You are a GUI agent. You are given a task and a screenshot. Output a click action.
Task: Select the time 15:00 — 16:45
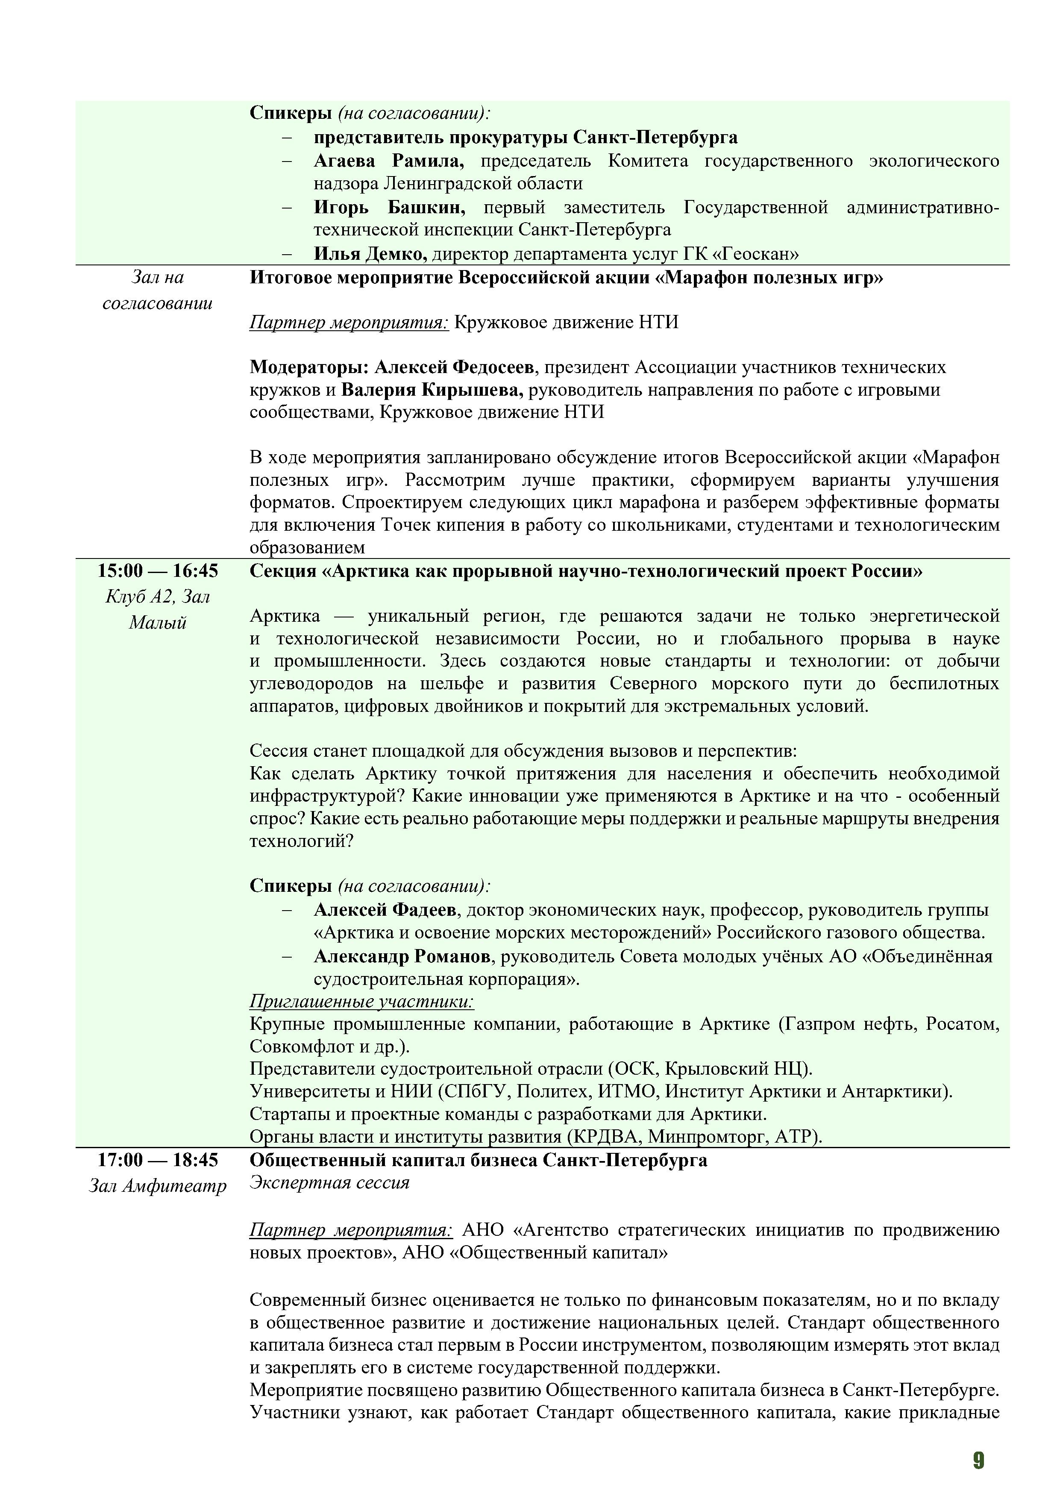[x=158, y=571]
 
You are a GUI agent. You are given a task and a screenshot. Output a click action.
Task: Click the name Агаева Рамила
[x=388, y=161]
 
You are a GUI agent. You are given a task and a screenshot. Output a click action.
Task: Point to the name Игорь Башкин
[x=389, y=208]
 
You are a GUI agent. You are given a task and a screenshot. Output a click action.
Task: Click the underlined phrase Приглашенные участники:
[x=361, y=1002]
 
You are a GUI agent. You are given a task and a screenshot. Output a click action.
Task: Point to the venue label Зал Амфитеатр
[x=158, y=1186]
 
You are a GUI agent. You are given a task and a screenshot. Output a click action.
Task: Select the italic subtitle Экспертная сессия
[x=329, y=1183]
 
